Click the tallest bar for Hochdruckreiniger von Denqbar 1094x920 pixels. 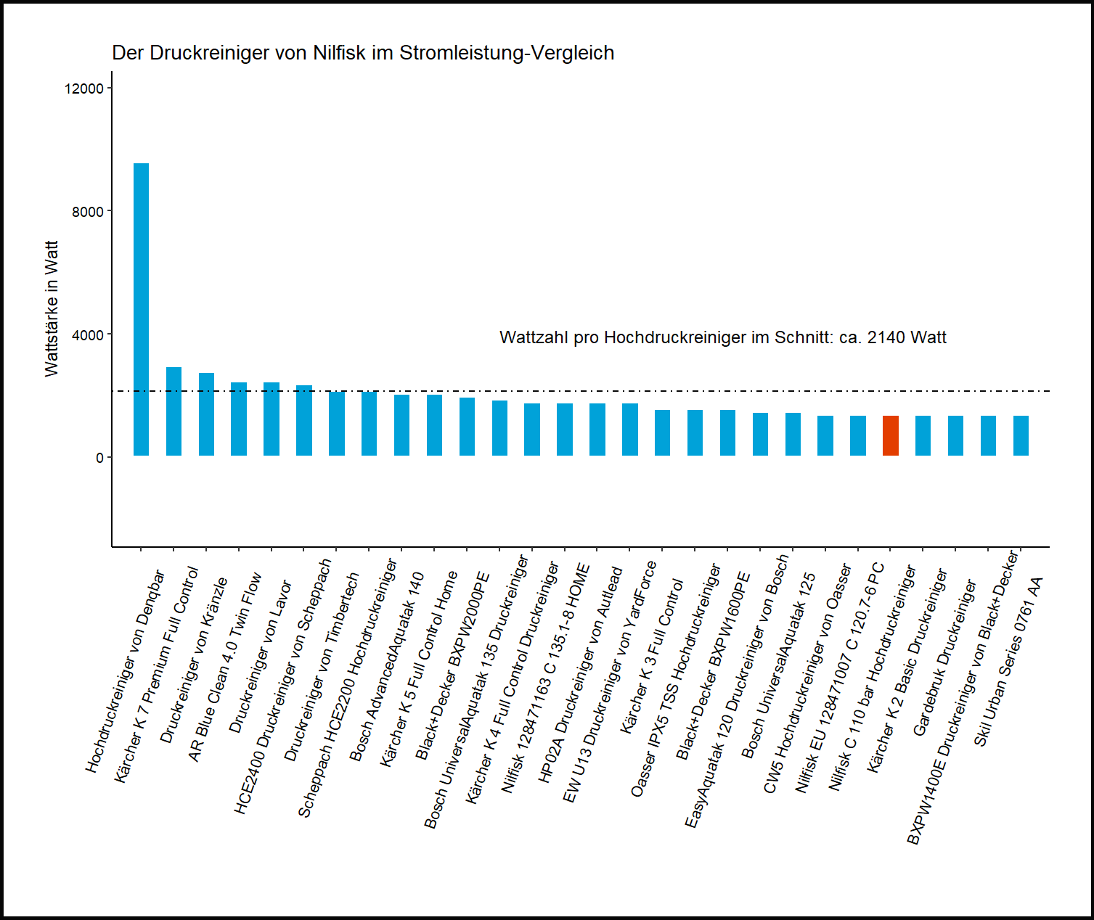tap(141, 310)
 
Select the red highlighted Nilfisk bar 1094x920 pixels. tap(890, 435)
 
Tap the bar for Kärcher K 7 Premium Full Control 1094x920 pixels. tap(174, 411)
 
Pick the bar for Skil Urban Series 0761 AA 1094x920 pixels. tap(1021, 435)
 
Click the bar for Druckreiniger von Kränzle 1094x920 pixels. tap(206, 414)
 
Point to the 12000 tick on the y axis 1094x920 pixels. tap(84, 88)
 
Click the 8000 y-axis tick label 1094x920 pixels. tap(88, 211)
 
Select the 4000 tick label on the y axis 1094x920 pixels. tap(88, 334)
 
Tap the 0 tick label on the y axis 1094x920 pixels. tap(99, 457)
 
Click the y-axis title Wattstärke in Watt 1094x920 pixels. tap(51, 308)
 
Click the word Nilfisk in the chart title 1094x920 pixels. tap(339, 53)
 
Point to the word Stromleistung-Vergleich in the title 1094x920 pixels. tap(507, 53)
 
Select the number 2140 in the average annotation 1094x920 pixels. tap(886, 337)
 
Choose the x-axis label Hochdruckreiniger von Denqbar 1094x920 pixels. tap(126, 672)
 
